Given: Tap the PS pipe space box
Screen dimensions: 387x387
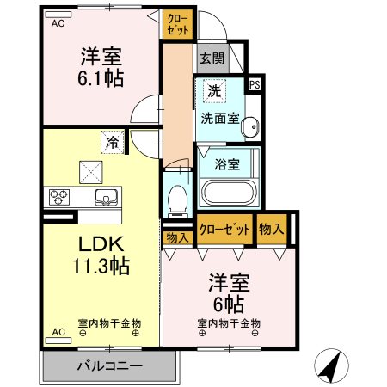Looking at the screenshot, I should coord(254,84).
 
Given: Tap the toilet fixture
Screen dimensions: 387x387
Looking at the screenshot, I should coord(178,200).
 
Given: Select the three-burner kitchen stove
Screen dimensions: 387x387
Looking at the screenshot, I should coord(61,196).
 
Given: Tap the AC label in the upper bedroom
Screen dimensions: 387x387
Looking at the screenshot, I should coord(58,24).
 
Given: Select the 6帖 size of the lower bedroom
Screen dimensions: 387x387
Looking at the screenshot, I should coord(228,304).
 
